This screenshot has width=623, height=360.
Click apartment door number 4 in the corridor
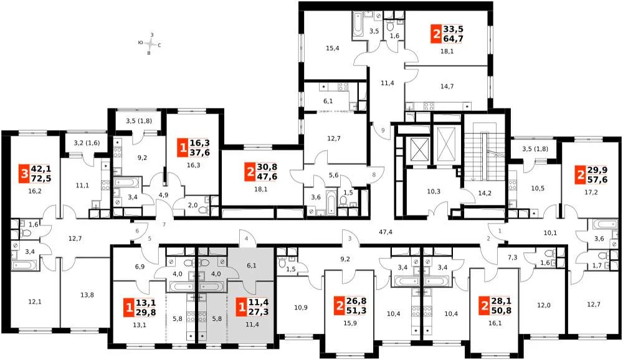[x=246, y=239]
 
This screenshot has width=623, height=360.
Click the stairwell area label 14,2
[x=485, y=194]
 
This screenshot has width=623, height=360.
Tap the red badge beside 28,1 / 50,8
[x=484, y=306]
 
